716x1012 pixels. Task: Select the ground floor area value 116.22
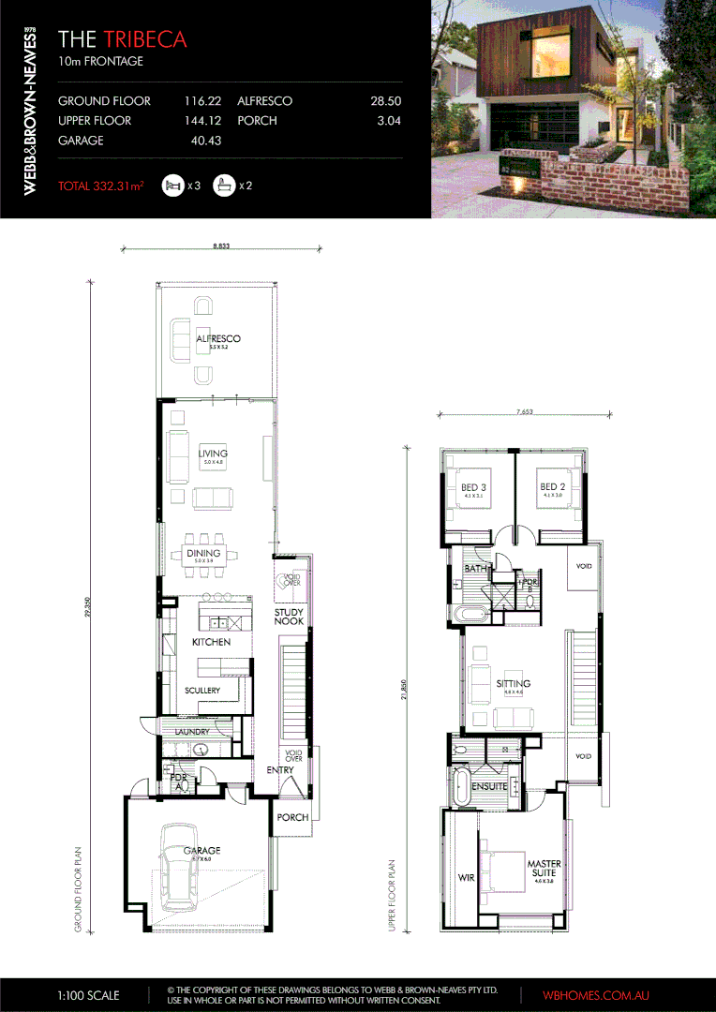pos(204,100)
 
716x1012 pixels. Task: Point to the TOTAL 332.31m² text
pos(100,186)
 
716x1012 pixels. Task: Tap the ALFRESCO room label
pos(218,338)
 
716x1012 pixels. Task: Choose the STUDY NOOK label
pos(290,616)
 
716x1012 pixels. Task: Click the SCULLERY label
pos(202,691)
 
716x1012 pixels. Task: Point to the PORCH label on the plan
pos(292,817)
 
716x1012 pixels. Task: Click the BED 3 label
pos(473,487)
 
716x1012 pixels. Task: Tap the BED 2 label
pos(551,487)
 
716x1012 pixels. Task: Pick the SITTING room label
pos(513,684)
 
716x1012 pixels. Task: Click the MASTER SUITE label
pos(543,869)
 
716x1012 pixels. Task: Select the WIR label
pos(466,878)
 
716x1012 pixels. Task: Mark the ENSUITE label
pos(489,786)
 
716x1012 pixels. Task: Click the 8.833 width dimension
pos(222,246)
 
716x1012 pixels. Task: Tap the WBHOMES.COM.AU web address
pos(596,995)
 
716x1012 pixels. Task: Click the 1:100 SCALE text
pos(89,995)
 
